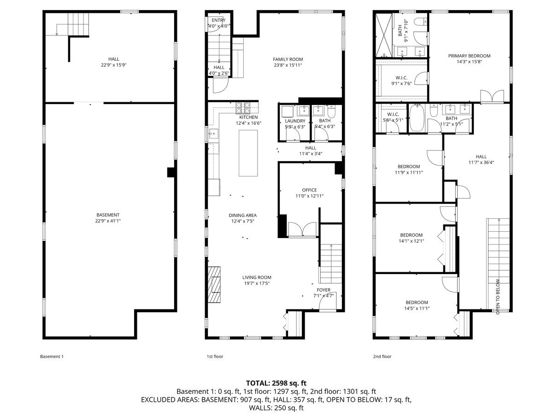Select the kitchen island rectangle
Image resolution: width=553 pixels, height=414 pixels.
click(x=248, y=153)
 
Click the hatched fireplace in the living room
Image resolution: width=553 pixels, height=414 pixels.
click(x=214, y=285)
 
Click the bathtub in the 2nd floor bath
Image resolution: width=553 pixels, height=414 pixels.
click(x=417, y=118)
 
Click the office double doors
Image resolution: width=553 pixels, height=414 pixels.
click(x=302, y=229)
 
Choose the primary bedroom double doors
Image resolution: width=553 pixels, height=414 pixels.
click(x=492, y=96)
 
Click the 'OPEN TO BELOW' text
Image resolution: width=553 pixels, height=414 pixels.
click(x=498, y=297)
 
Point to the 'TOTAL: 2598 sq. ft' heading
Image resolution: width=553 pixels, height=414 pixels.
click(x=276, y=383)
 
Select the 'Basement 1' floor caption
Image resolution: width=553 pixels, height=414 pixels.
click(x=52, y=356)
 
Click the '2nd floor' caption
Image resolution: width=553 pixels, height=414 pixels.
click(x=382, y=356)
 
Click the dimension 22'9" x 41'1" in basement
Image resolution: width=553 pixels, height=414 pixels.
click(x=108, y=221)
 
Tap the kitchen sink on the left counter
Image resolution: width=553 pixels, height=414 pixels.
click(x=214, y=134)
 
